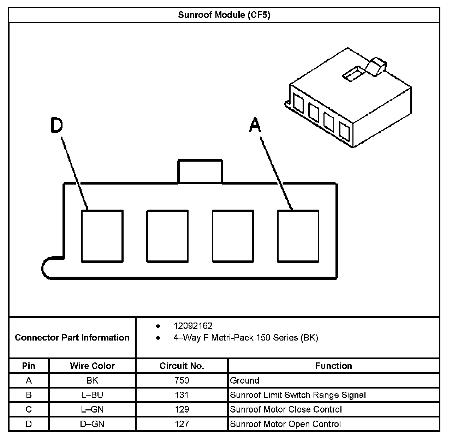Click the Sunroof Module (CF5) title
tap(224, 15)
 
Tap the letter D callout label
tap(56, 125)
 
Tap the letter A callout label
tap(255, 125)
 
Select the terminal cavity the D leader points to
tap(102, 236)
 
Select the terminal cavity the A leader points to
tap(298, 236)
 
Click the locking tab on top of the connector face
tap(200, 172)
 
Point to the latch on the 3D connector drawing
tap(376, 67)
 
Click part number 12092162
tap(193, 326)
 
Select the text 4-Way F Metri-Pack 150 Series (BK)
tap(245, 338)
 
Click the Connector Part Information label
tap(72, 338)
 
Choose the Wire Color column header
tap(92, 366)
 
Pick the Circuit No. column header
tap(182, 366)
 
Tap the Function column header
tap(333, 366)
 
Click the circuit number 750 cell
tap(182, 380)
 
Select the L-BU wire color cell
tap(92, 395)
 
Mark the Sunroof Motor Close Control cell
tap(286, 409)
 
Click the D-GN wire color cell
tap(92, 424)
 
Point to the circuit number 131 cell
tap(182, 395)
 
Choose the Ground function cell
tap(245, 380)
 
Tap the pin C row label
tap(29, 409)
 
